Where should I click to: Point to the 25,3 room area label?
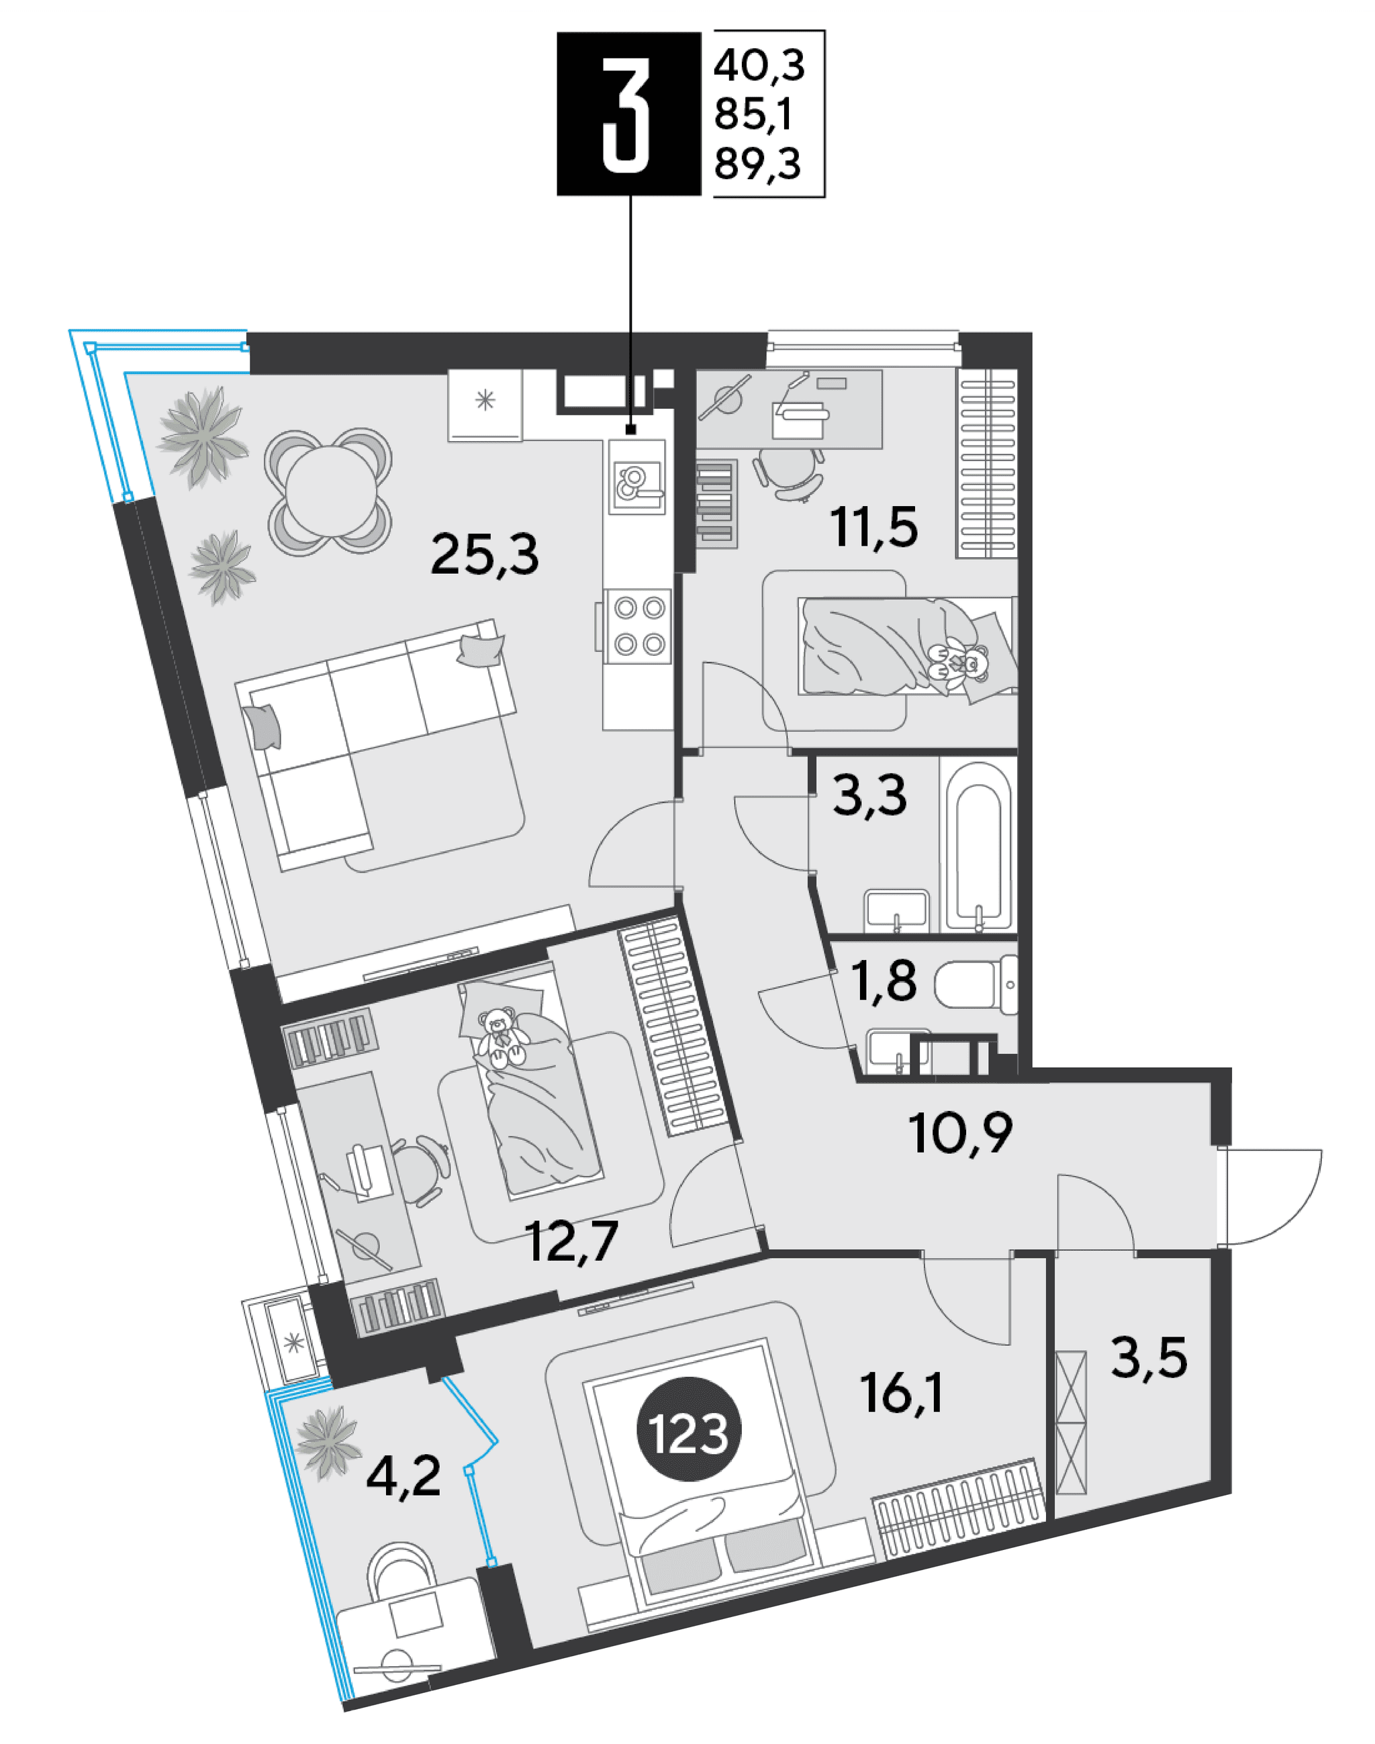pos(485,555)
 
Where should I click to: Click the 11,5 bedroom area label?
pos(874,527)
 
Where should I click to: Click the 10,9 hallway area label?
pos(960,1133)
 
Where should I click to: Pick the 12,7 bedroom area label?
pos(571,1241)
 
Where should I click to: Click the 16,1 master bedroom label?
pos(901,1392)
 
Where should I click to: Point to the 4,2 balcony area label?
pos(404,1476)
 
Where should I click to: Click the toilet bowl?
pos(976,984)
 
